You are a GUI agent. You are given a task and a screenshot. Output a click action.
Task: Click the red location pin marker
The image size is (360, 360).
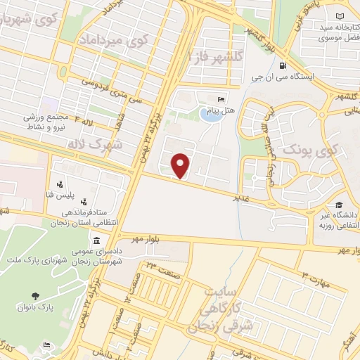click(x=181, y=165)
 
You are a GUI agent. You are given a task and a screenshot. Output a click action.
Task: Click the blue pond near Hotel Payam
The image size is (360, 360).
click(x=209, y=113)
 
